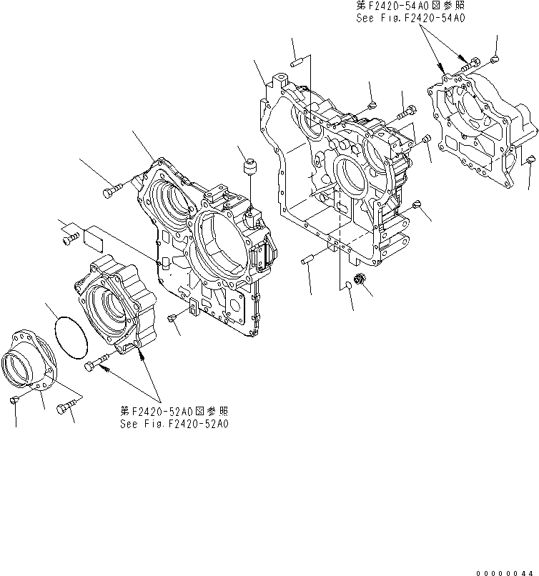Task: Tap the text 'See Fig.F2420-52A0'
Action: [174, 423]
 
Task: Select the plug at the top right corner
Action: [494, 58]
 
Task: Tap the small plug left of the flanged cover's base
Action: [16, 402]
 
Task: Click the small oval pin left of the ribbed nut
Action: [346, 284]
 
